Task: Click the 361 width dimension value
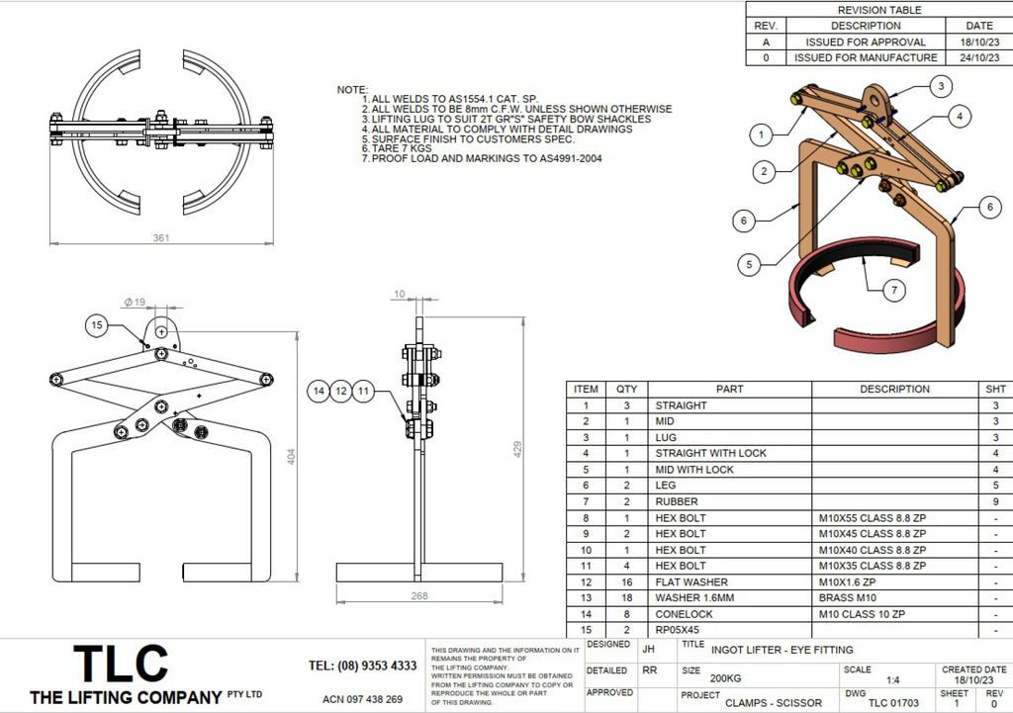coord(161,237)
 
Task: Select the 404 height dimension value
coord(291,457)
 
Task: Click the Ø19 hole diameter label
coord(135,301)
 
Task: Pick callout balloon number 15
coord(97,324)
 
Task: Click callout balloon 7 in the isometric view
coord(893,290)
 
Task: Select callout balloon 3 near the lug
coord(940,86)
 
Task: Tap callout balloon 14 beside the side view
coord(318,392)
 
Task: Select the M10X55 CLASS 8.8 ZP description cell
coord(873,517)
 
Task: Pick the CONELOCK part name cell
coord(684,614)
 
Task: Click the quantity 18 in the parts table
coord(626,598)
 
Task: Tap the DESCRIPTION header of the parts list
coord(894,389)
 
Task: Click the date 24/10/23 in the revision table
coord(979,57)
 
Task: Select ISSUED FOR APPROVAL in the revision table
coord(866,42)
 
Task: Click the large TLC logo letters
coord(122,663)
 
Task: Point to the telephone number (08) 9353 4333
coord(363,666)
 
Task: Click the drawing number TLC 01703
coord(894,703)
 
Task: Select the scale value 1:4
coord(893,680)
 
